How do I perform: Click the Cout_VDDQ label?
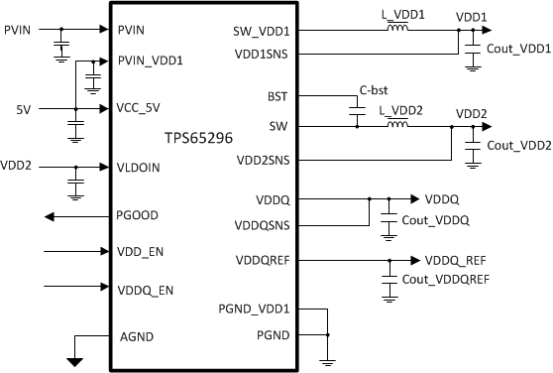[x=435, y=219]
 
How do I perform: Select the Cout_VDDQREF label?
[x=446, y=280]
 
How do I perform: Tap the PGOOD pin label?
[x=139, y=214]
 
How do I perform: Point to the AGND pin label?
[x=136, y=337]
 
